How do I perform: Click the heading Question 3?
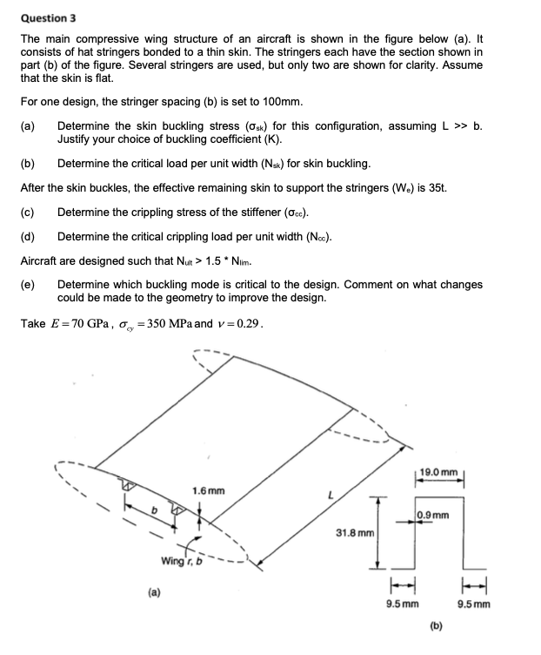(x=49, y=17)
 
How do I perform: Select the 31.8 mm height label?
(x=355, y=531)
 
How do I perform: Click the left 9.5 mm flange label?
(x=402, y=603)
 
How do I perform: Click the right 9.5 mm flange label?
(x=474, y=603)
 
